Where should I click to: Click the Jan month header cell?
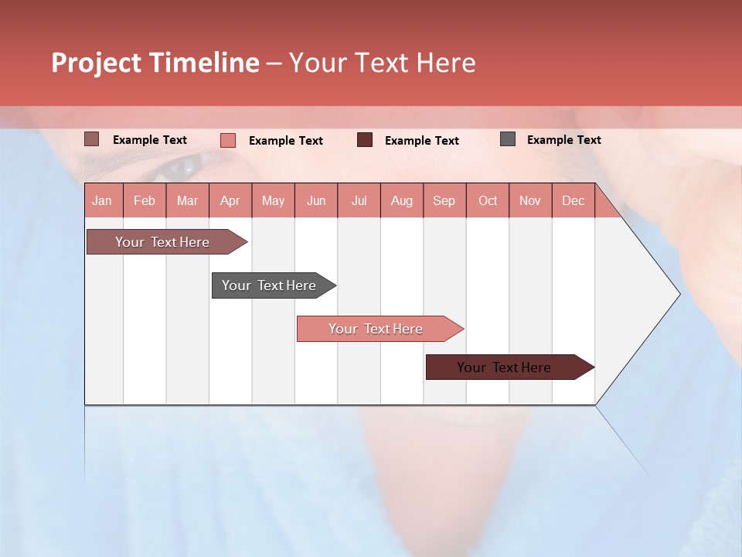(x=103, y=200)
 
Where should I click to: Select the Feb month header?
(x=145, y=200)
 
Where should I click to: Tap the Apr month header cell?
(x=230, y=200)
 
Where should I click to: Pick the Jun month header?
(x=316, y=200)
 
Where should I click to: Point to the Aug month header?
(x=402, y=200)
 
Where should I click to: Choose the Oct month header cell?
(x=488, y=200)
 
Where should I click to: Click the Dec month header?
(x=574, y=200)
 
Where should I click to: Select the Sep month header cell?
(x=444, y=200)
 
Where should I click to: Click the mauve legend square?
(x=91, y=139)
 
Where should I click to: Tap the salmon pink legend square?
(x=228, y=140)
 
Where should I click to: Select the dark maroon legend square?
(x=365, y=140)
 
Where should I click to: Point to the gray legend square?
(x=508, y=139)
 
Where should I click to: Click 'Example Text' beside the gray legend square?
(x=563, y=140)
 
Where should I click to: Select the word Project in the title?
(x=96, y=63)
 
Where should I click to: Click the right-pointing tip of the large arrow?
(x=677, y=293)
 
